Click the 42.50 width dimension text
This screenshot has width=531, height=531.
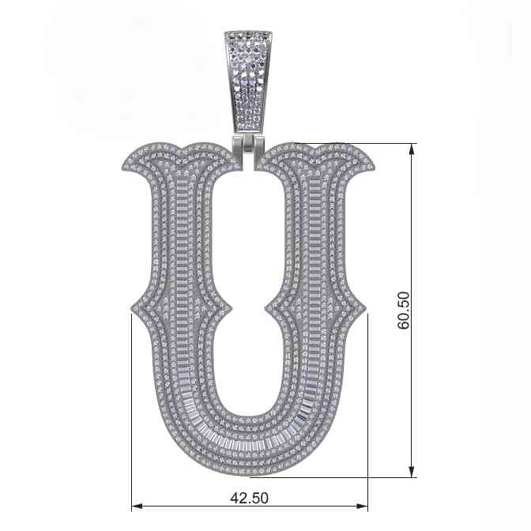[249, 498]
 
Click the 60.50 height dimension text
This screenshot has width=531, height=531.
[404, 311]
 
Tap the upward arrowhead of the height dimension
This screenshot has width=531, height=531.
[412, 149]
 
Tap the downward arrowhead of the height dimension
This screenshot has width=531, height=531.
[412, 472]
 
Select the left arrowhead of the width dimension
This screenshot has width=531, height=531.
[137, 507]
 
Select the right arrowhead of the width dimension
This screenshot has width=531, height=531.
[362, 507]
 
